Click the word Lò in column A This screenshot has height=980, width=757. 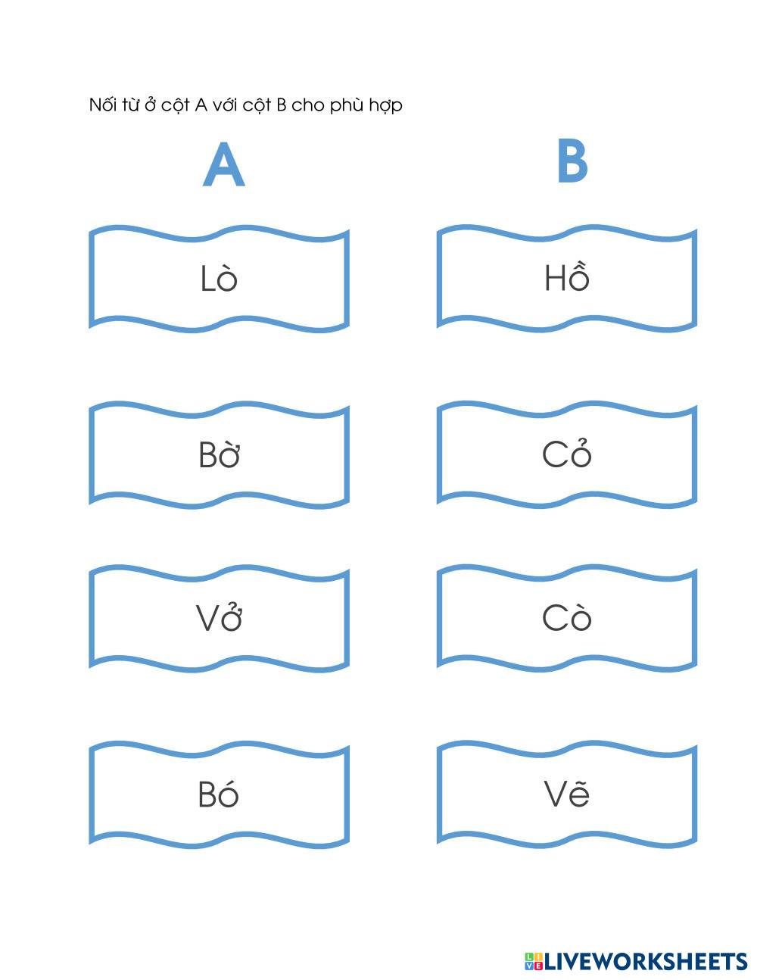click(x=219, y=279)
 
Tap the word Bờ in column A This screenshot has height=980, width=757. click(x=219, y=455)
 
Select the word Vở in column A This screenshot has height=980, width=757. click(x=219, y=618)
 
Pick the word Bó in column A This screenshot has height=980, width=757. click(x=218, y=794)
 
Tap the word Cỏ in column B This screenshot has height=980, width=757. click(x=566, y=454)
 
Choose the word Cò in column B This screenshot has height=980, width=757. click(x=566, y=618)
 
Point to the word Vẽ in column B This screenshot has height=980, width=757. click(x=566, y=794)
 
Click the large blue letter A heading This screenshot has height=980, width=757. click(x=223, y=165)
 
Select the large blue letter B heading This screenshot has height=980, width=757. click(x=572, y=161)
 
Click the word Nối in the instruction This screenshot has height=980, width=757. click(x=103, y=105)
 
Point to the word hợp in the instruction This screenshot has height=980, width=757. click(x=385, y=106)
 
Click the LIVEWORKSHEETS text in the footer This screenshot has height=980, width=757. click(x=646, y=961)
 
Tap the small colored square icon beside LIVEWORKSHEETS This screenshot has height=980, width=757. click(x=534, y=961)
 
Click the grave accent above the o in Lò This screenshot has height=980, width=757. click(x=226, y=265)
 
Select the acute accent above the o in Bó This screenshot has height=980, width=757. click(x=229, y=780)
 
